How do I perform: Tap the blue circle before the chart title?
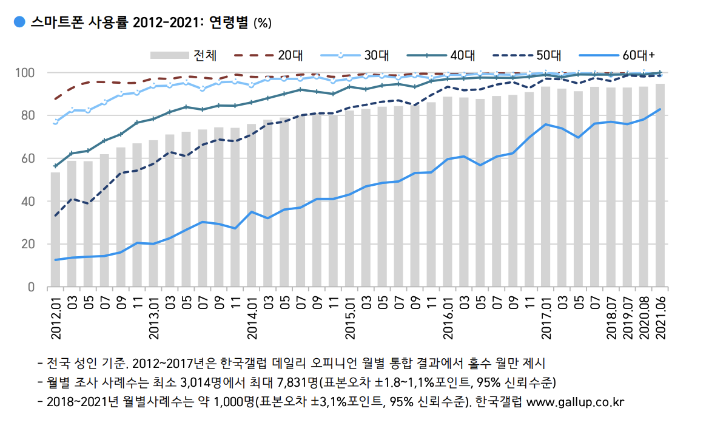19,22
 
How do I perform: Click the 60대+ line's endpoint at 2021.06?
660,109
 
